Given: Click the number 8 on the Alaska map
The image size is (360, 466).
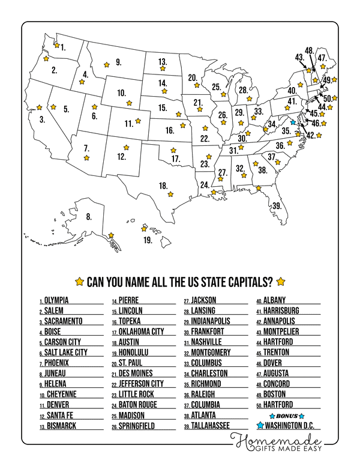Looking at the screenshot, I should click(89, 217).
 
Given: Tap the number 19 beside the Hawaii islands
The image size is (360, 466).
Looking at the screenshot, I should click(148, 240).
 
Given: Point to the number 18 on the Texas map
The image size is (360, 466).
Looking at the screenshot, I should click(163, 186).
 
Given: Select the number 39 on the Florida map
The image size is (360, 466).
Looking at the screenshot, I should click(277, 205).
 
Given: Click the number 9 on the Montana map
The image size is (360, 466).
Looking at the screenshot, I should click(119, 61).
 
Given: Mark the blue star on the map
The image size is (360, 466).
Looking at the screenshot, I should click(293, 121).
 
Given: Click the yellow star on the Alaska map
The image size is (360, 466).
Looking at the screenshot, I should click(111, 235).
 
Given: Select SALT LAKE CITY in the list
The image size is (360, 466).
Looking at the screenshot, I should click(66, 352).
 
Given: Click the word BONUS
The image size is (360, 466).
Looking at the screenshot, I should click(286, 416).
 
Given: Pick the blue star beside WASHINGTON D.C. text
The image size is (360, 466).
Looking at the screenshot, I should click(260, 426).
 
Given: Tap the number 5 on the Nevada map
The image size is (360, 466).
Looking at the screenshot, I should click(66, 109).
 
